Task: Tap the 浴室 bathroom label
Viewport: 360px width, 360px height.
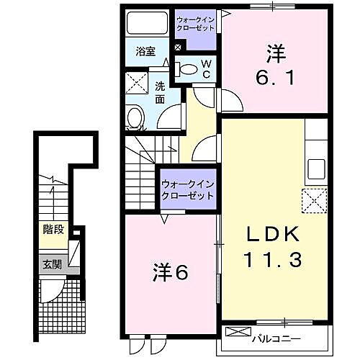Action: coord(145,51)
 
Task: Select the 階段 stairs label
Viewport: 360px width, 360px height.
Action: coord(53,230)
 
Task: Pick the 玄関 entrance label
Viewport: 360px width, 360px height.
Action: coord(51,264)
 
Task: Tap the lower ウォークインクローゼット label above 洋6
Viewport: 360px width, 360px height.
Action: coord(189,189)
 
